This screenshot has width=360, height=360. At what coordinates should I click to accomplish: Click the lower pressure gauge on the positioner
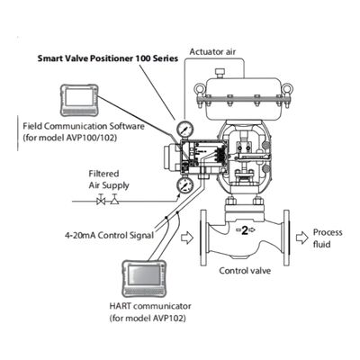point(186,184)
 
